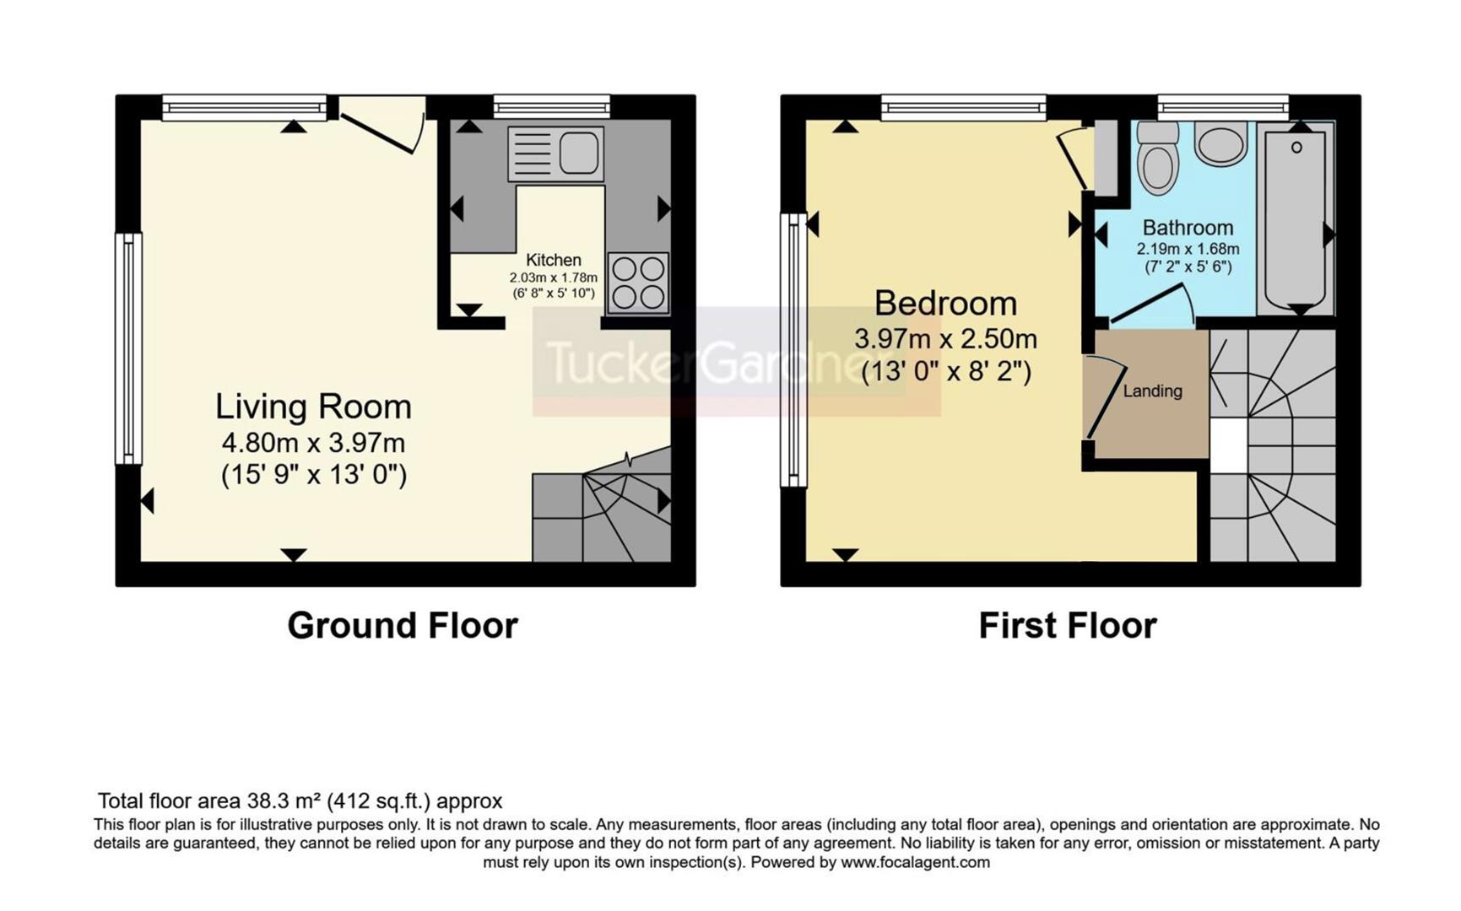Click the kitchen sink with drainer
tap(555, 154)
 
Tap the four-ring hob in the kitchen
tap(638, 283)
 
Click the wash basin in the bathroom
tap(1220, 144)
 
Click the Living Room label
tap(313, 407)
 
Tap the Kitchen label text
tap(553, 260)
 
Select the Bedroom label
tap(945, 303)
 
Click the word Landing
tap(1152, 391)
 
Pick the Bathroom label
tap(1188, 228)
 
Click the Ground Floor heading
tap(402, 625)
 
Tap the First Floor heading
tap(1067, 625)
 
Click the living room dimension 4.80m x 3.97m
tap(313, 443)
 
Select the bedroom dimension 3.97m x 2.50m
tap(945, 339)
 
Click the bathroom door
tap(1150, 305)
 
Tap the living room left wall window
tap(128, 348)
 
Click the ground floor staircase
tap(601, 515)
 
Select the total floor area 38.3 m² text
tap(300, 800)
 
